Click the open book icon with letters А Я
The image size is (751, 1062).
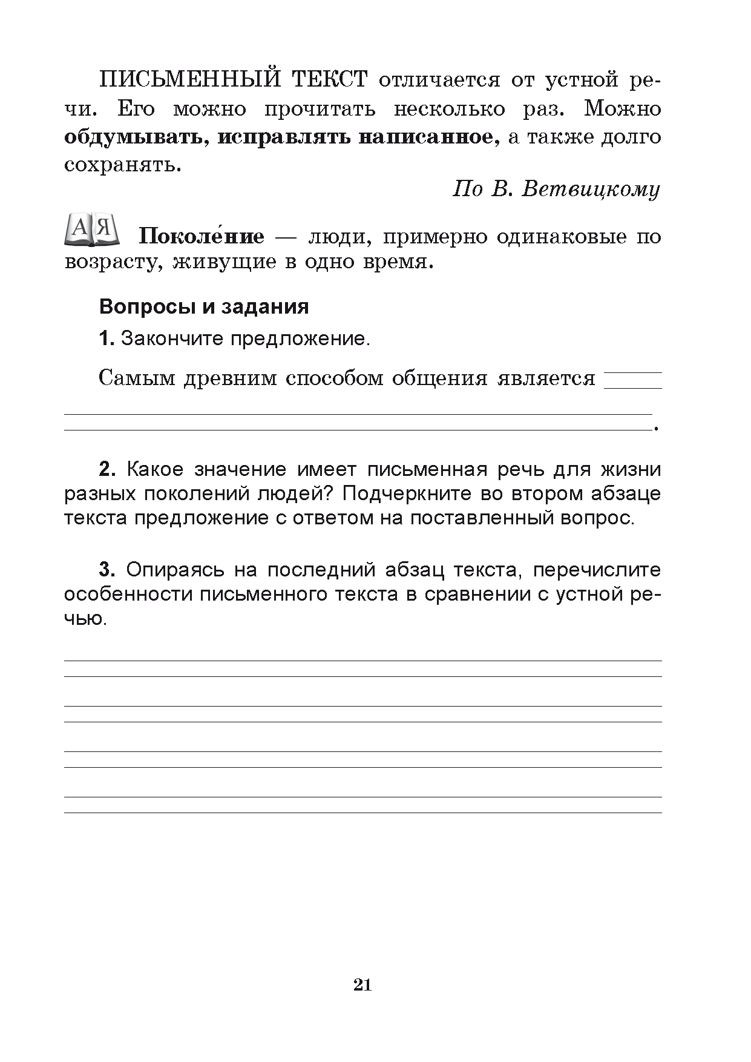tap(93, 229)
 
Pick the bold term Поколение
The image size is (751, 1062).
tap(202, 236)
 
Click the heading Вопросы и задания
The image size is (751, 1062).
tap(204, 307)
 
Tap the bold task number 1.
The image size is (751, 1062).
tap(106, 338)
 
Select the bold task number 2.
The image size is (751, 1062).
tap(107, 470)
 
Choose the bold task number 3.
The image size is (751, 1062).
tap(107, 570)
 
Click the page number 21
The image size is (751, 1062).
tap(362, 985)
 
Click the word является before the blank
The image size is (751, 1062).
tap(546, 378)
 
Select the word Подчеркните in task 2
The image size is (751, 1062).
tap(405, 494)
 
